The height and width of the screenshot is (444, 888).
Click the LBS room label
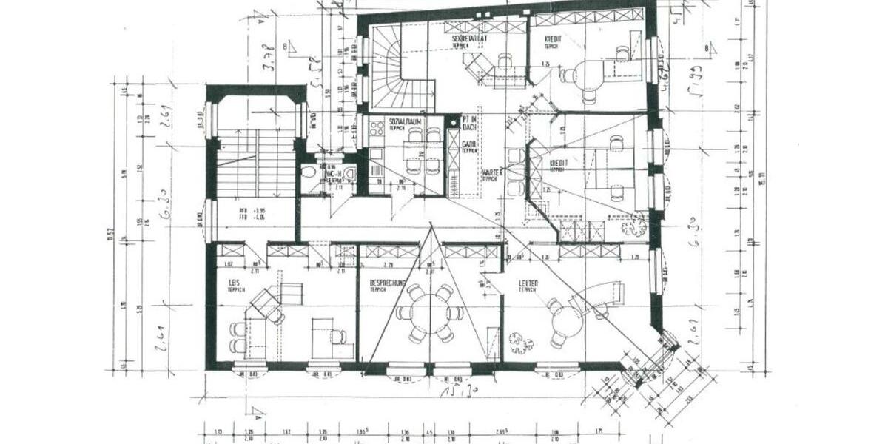coord(234,283)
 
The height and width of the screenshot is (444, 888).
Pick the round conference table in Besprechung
coord(428,314)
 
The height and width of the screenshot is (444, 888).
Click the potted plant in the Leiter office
coord(521,342)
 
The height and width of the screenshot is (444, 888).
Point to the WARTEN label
coord(492,173)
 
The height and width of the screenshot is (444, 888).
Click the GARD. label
coord(468,144)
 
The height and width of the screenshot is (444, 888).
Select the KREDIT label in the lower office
coord(559,162)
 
